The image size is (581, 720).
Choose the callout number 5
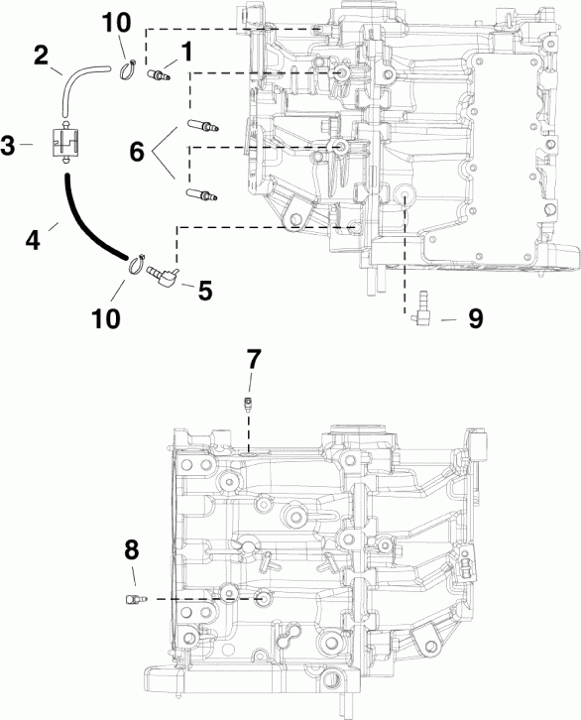pos(203,290)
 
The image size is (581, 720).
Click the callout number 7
pos(253,357)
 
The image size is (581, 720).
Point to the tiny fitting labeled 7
pos(248,402)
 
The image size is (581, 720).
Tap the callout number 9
pos(475,320)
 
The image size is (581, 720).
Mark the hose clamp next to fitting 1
pos(128,68)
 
